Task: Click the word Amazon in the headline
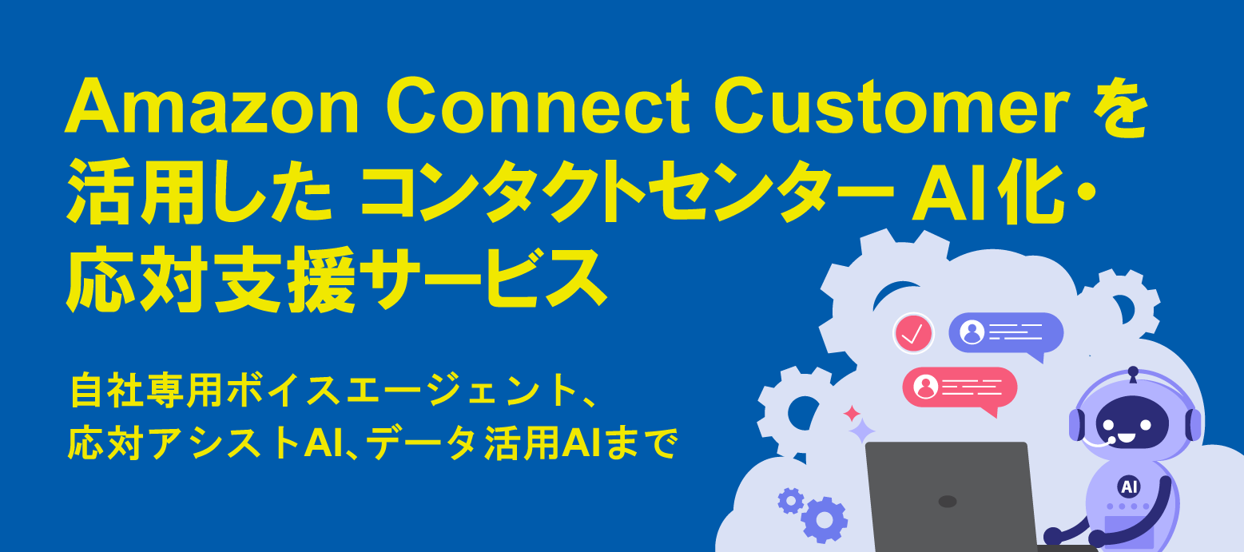tap(212, 105)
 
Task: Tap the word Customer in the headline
tap(892, 105)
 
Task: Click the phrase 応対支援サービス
tap(336, 280)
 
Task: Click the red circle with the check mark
tap(913, 334)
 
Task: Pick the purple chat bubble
tap(1006, 334)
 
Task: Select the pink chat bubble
tap(960, 389)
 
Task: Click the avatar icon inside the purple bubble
tap(972, 332)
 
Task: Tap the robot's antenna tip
tap(1133, 371)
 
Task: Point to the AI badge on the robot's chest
tap(1129, 487)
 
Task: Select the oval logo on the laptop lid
tap(947, 502)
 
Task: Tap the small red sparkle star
tap(852, 413)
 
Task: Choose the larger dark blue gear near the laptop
tap(825, 520)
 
